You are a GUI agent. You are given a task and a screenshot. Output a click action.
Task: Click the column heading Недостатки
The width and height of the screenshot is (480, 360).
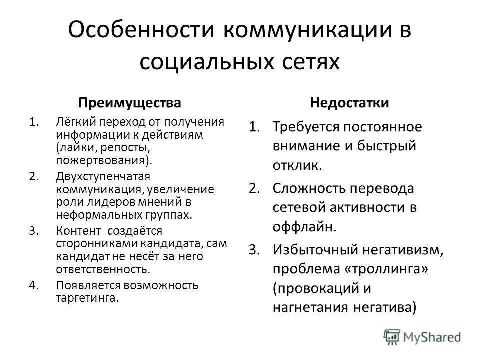(x=350, y=103)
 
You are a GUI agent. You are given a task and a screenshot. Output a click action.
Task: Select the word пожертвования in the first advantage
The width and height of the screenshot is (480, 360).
(x=100, y=161)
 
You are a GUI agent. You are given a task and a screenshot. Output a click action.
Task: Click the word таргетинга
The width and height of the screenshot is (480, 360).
(x=87, y=298)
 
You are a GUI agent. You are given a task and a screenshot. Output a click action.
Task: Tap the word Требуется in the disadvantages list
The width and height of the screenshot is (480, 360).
(x=304, y=127)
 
